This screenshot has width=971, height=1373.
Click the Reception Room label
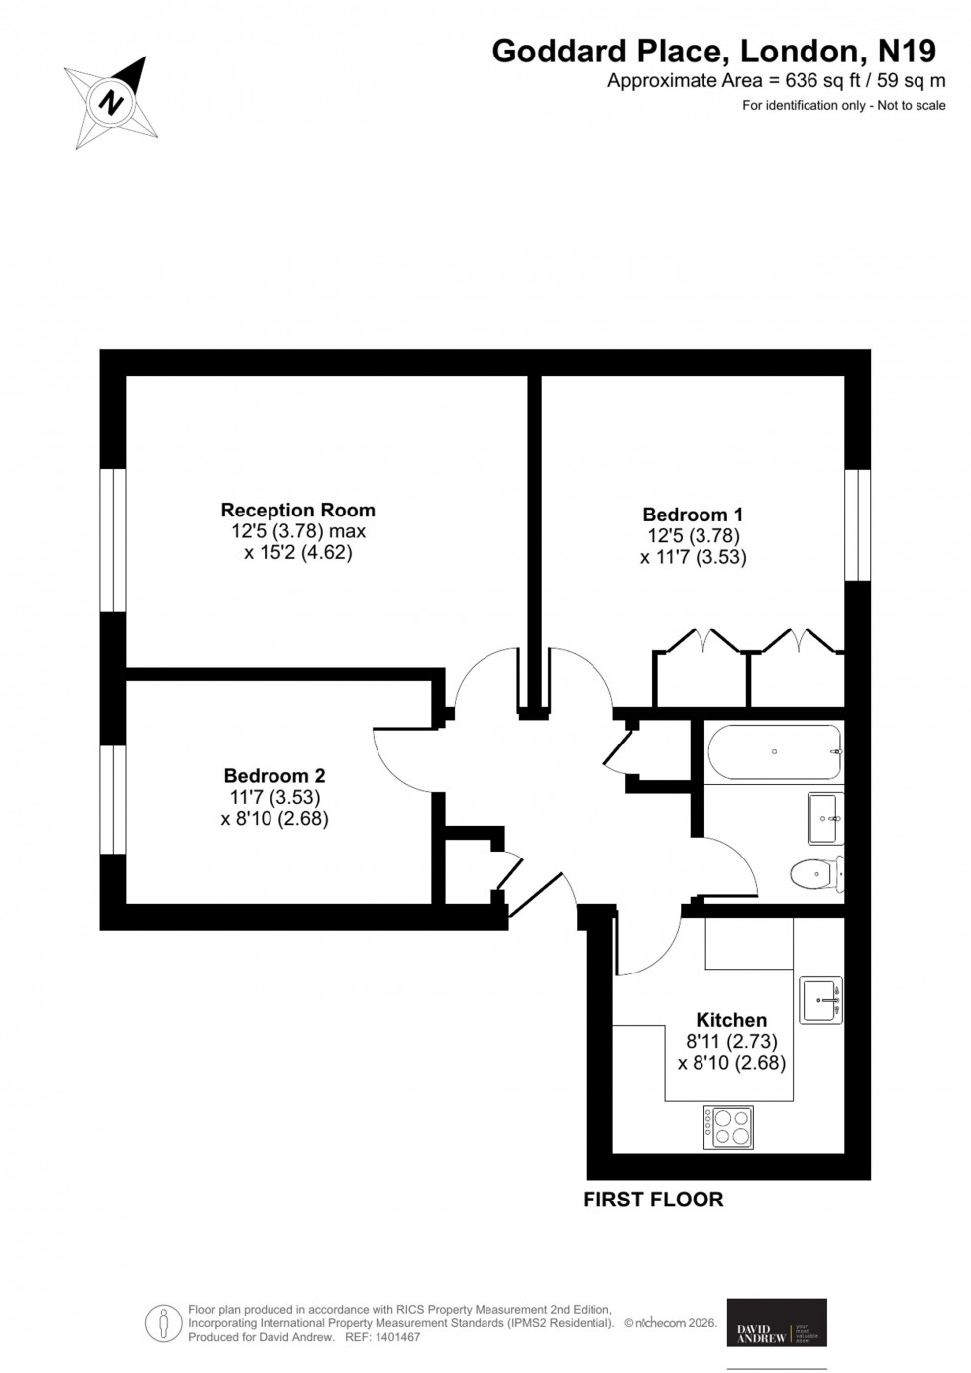297,511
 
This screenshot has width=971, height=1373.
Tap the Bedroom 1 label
693,515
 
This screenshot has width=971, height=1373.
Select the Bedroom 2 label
274,776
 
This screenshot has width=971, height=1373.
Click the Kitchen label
731,1020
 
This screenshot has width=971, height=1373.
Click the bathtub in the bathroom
774,751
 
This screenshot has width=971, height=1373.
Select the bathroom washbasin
824,818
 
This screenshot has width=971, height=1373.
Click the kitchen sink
820,1000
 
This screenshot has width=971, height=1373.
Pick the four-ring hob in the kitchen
728,1128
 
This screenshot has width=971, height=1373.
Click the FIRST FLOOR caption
653,1200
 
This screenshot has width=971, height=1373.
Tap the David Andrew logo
777,1323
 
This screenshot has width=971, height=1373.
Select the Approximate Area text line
776,81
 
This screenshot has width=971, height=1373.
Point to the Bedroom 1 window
857,523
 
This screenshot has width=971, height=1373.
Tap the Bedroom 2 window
113,799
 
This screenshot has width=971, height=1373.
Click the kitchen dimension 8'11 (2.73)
731,1041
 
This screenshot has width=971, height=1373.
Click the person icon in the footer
162,1322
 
